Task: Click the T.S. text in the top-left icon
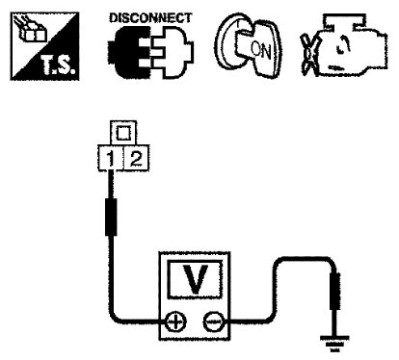coord(59,66)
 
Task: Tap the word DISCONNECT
coord(150,18)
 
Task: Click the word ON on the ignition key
coord(261,51)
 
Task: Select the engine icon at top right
coord(344,45)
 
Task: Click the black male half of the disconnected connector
coord(129,52)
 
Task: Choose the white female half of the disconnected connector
coord(173,52)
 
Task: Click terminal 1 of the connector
coord(110,158)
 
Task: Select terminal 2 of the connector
coord(136,158)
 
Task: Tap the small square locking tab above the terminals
coord(122,133)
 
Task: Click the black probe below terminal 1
coord(111,217)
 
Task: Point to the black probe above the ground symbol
coord(335,291)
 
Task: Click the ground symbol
coord(334,344)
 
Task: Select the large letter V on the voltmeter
coord(195,278)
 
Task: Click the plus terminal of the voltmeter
coord(175,321)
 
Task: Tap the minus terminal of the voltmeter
coord(213,321)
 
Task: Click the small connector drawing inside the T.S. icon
coord(32,30)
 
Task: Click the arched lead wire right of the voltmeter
coord(302,258)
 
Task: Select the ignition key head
coord(257,48)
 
